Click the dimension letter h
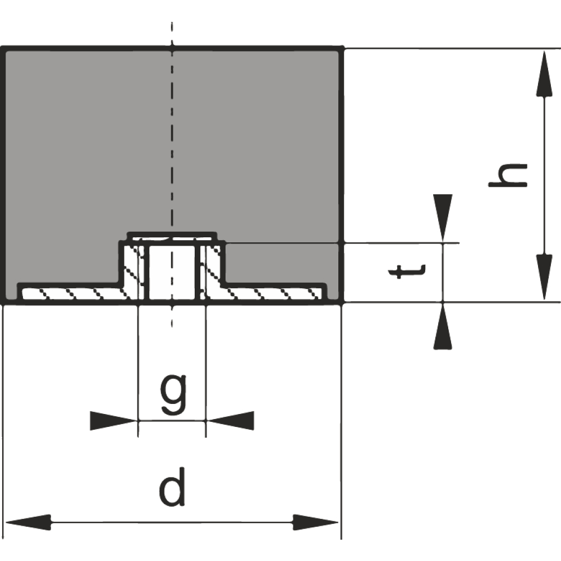(x=508, y=175)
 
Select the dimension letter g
(x=173, y=394)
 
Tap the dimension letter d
(x=172, y=487)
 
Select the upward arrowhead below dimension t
(x=443, y=326)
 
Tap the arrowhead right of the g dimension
(x=230, y=421)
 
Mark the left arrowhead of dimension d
(x=29, y=522)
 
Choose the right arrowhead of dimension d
(x=315, y=522)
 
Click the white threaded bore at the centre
(x=172, y=272)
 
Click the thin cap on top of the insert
(x=172, y=236)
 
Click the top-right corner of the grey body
(x=342, y=48)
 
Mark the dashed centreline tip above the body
(x=172, y=22)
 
